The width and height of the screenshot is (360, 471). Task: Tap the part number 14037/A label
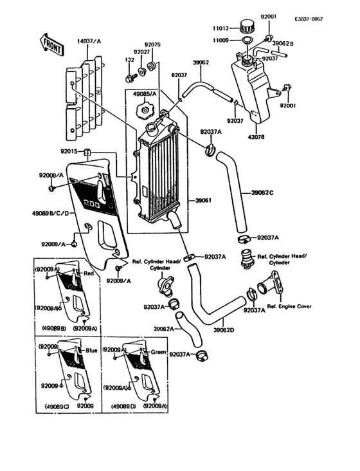tap(90, 41)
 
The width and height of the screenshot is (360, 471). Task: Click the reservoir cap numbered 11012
tap(248, 26)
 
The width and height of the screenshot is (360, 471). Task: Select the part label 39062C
tap(262, 192)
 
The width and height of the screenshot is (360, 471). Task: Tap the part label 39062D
tap(224, 330)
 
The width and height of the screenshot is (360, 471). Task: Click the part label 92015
tap(69, 151)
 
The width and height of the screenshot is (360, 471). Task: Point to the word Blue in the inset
tap(91, 352)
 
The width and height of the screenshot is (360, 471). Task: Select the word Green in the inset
tap(158, 353)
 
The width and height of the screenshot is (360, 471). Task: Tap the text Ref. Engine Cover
tap(290, 306)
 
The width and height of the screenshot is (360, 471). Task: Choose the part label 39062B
tap(283, 44)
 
